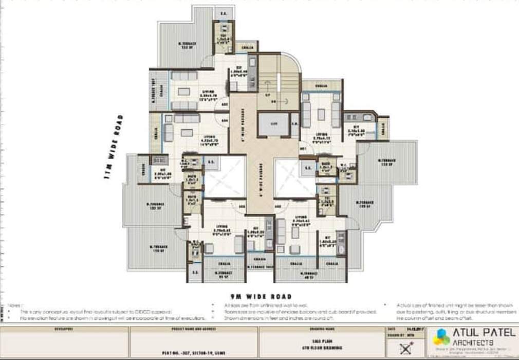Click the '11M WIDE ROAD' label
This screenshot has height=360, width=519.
[114, 147]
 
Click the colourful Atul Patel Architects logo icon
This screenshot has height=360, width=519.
[441, 338]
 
